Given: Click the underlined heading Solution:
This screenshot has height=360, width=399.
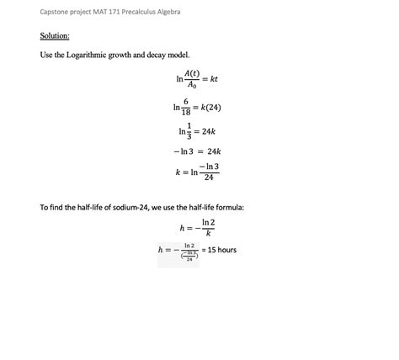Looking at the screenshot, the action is (x=55, y=36).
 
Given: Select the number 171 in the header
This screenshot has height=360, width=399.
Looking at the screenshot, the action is (x=116, y=12).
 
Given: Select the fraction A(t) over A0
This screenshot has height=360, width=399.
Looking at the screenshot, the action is (x=192, y=79).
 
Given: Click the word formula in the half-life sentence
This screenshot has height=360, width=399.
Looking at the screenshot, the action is (x=228, y=207).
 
